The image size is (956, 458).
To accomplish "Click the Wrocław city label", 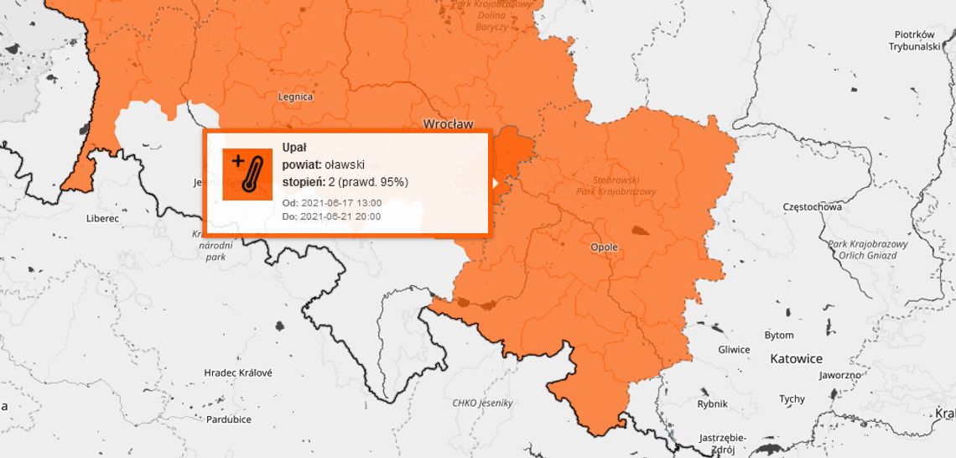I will [x=448, y=123].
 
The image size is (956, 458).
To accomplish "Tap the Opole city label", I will [x=605, y=247].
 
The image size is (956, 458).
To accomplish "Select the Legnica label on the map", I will [x=295, y=96].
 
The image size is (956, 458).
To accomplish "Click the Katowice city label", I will [x=796, y=358].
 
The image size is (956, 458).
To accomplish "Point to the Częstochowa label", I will [x=811, y=206].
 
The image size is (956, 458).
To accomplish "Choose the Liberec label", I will [x=102, y=218].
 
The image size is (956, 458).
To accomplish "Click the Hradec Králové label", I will [x=238, y=372].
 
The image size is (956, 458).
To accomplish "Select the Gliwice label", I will [x=734, y=350].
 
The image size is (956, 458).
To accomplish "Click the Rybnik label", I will [x=713, y=403].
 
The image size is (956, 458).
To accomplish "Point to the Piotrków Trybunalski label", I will [x=914, y=40].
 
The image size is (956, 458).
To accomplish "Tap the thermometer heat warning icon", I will [x=247, y=174].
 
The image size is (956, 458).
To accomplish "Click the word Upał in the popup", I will [x=294, y=148].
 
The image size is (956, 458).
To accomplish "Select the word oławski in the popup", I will [x=345, y=165].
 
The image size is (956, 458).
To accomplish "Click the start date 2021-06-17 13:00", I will [x=340, y=203].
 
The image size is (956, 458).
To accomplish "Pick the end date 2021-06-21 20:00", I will [x=340, y=216].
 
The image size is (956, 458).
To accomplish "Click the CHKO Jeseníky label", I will [x=482, y=403].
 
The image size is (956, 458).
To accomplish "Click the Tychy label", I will [x=792, y=399].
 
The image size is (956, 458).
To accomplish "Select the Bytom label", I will [x=779, y=335].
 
